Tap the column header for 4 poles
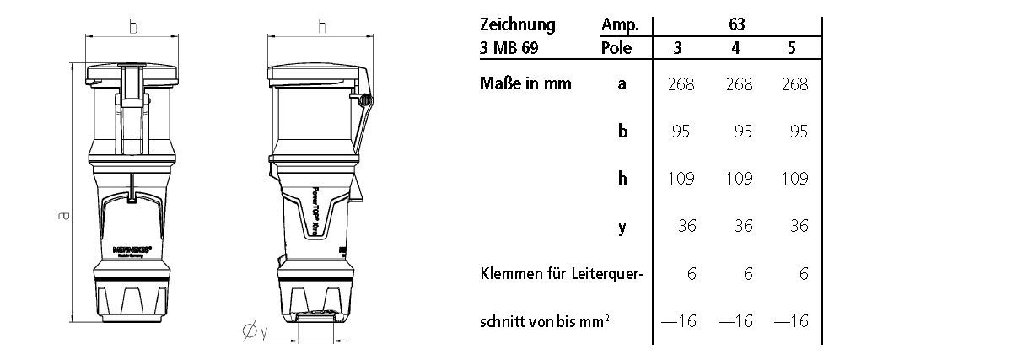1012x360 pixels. point(736,48)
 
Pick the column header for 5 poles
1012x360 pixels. point(790,48)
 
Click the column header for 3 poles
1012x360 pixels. point(679,48)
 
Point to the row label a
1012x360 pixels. point(622,83)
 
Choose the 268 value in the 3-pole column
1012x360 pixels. point(679,83)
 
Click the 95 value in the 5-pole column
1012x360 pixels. point(794,132)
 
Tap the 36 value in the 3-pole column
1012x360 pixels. point(684,226)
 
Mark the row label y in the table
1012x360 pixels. point(622,228)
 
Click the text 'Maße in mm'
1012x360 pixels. point(525,83)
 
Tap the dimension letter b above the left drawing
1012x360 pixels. point(132,27)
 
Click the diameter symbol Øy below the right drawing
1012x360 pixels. point(255,334)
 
